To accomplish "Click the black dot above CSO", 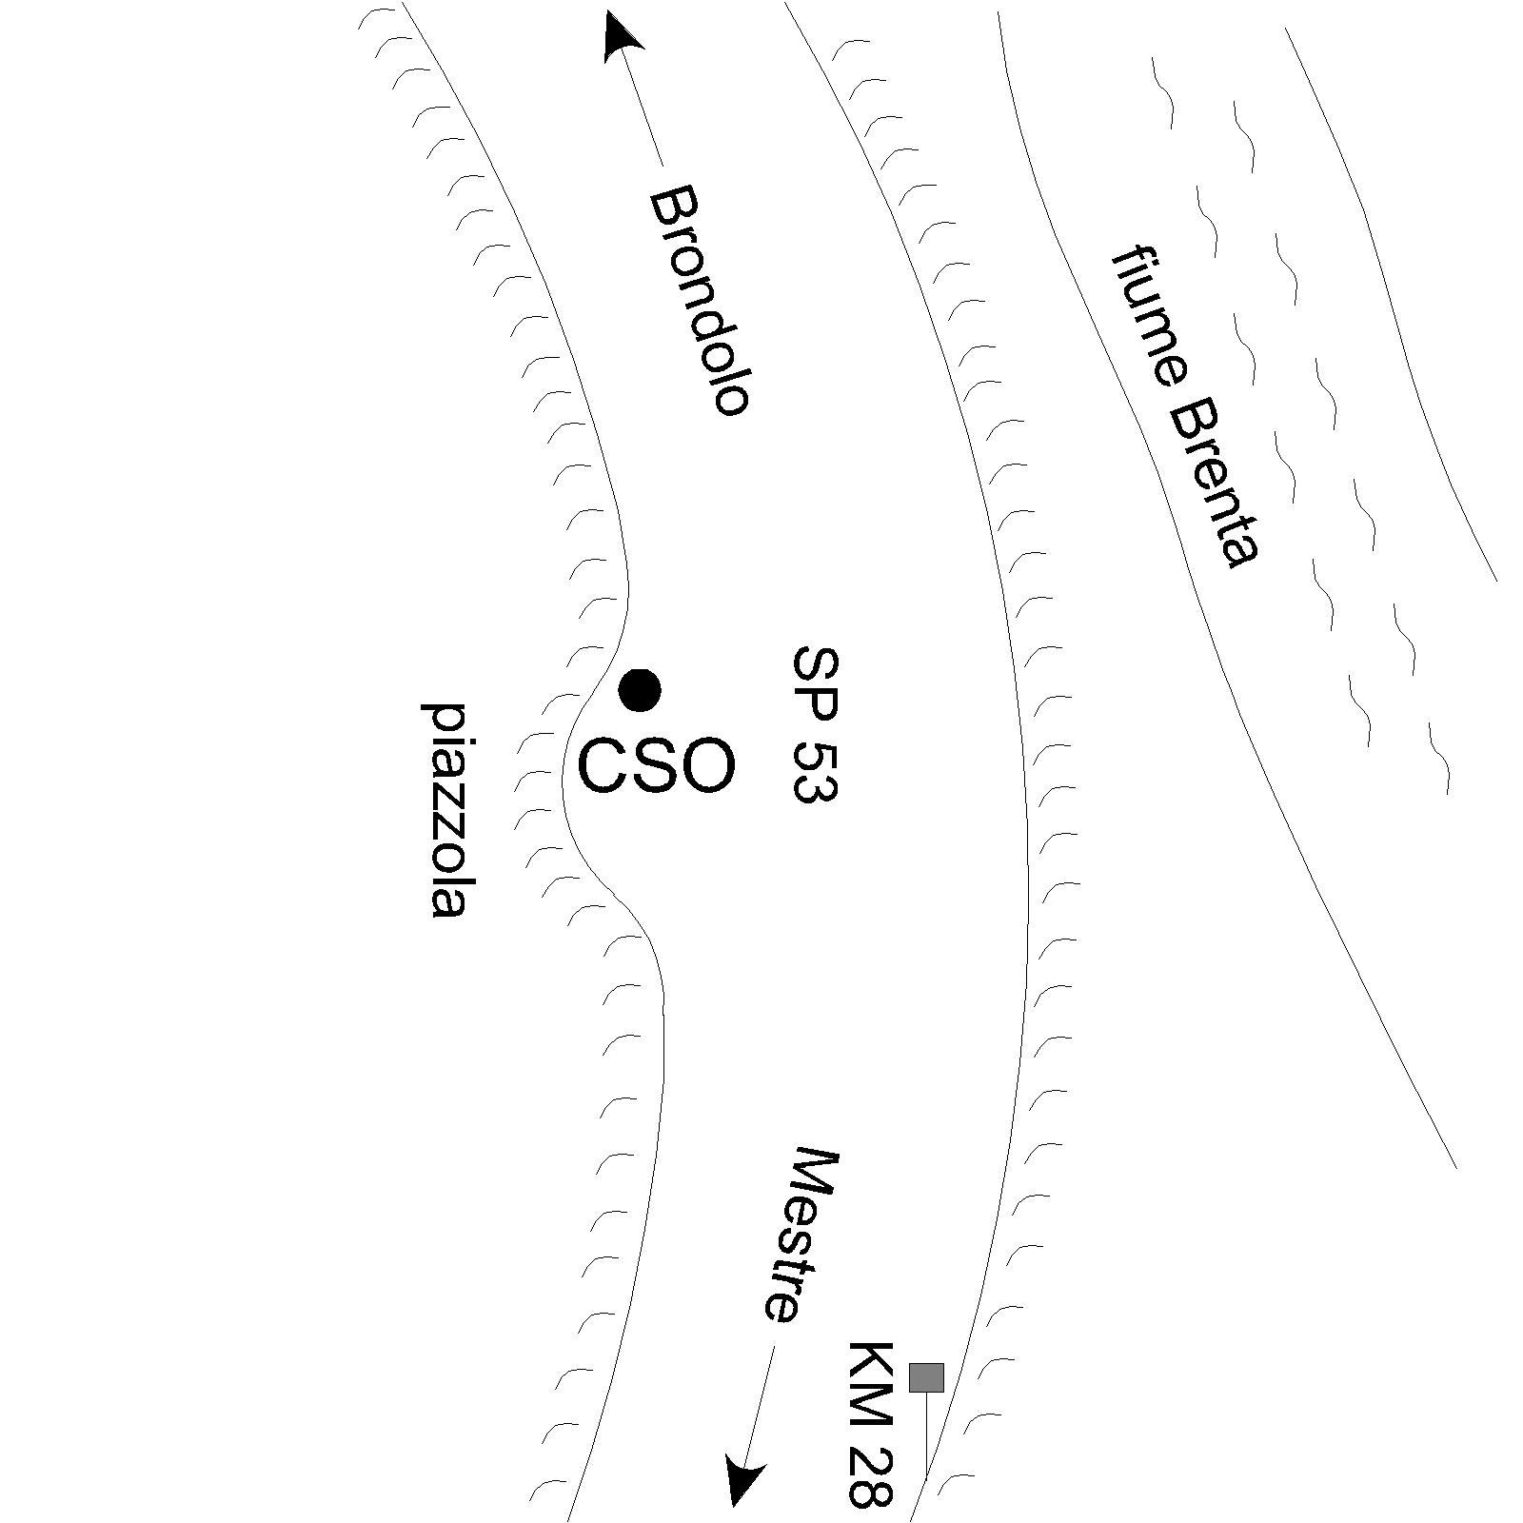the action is [x=640, y=690].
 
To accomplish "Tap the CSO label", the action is [x=657, y=767].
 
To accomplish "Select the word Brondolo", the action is [x=701, y=301].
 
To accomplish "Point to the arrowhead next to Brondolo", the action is [x=623, y=36].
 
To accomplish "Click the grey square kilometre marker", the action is [x=926, y=1377].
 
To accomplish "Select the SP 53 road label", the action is [x=816, y=725].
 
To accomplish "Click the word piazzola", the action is [x=445, y=811].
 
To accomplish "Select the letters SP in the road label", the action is [x=816, y=682].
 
